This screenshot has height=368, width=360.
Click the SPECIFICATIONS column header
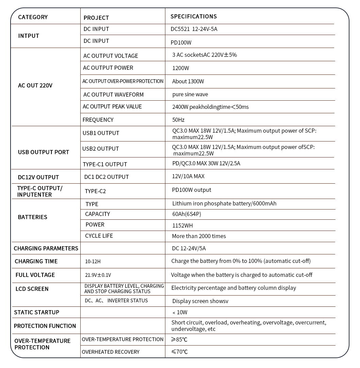pos(193,16)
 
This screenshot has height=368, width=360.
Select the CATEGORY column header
pos(33,17)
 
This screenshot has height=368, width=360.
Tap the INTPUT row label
pos(29,36)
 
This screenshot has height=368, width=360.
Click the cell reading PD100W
pos(181,43)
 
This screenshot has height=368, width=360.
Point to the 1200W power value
pos(180,68)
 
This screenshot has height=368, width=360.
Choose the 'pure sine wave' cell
pos(190,94)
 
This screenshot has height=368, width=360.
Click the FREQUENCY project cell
pos(98,120)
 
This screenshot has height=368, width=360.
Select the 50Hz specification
pos(178,120)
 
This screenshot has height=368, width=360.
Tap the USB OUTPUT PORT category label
pos(44,152)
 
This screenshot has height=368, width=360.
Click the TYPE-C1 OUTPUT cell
pos(105,164)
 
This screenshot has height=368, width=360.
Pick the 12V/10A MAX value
pos(188,176)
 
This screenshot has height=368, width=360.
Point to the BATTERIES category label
pos(33,217)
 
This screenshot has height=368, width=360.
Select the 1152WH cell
pos(182,225)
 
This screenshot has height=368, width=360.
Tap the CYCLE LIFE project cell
pos(99,236)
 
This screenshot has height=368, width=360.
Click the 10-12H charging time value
pos(93,262)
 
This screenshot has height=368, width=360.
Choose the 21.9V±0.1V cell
pos(98,275)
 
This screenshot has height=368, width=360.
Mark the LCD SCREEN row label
pos(32,289)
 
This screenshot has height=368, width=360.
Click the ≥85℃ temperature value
pos(180,339)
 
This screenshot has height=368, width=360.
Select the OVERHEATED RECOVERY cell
pos(111,352)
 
